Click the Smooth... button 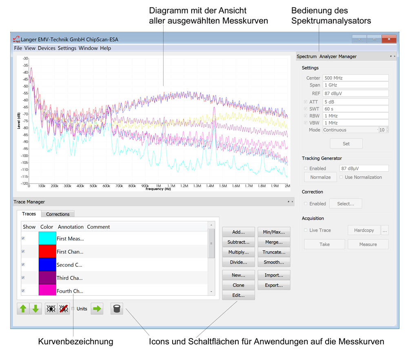tap(274, 262)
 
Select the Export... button tap(274, 285)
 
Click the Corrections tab tap(58, 214)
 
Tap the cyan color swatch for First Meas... tap(47, 239)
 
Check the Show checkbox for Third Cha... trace tap(23, 278)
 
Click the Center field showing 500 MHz tap(355, 78)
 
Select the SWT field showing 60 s tap(355, 109)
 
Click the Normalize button tap(320, 177)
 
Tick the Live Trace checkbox tap(306, 230)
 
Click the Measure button tap(368, 244)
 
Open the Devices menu tap(47, 48)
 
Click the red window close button tap(389, 39)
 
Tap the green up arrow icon tap(23, 309)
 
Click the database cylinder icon tap(117, 309)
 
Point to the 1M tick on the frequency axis tap(158, 186)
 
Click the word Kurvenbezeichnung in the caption tap(75, 342)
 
